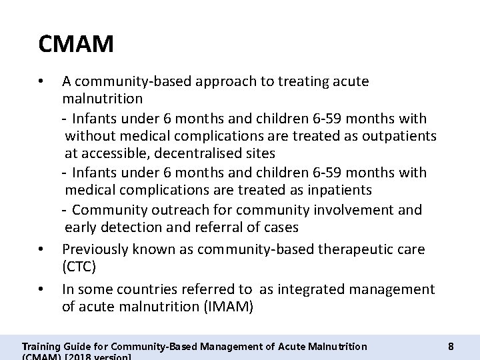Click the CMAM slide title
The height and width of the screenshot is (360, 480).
click(77, 45)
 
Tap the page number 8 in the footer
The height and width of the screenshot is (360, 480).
click(451, 346)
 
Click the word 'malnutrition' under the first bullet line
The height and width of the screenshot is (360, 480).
click(102, 99)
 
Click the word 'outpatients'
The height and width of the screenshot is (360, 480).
click(398, 136)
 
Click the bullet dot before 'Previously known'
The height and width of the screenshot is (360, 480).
click(42, 249)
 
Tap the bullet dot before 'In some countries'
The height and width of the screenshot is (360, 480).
click(42, 290)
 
